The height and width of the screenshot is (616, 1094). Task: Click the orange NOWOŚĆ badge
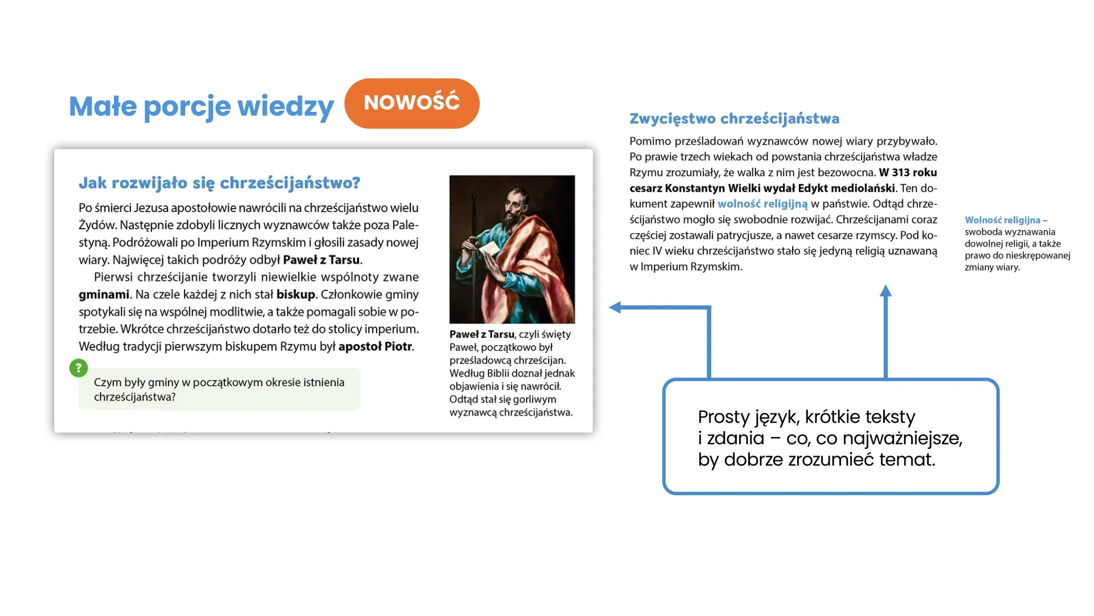[411, 103]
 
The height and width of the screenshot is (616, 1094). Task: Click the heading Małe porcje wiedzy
[201, 107]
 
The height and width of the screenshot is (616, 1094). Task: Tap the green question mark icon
[79, 368]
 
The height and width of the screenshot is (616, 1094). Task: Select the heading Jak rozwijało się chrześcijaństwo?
[219, 183]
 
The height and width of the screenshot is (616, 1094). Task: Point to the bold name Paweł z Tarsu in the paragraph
[321, 260]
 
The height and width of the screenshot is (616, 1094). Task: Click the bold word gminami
[104, 295]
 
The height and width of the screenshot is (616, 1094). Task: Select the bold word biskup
[296, 295]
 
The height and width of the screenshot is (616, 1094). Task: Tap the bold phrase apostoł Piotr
[375, 347]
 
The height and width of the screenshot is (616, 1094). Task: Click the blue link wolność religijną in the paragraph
[762, 204]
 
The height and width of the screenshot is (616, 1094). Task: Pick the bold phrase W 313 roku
[908, 172]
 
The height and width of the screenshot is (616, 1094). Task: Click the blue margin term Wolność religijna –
[1006, 220]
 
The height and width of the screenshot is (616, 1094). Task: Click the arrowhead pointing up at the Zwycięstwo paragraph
[885, 291]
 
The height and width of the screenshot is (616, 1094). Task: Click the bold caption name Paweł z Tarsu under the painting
[481, 335]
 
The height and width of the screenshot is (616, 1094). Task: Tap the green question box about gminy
[219, 390]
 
